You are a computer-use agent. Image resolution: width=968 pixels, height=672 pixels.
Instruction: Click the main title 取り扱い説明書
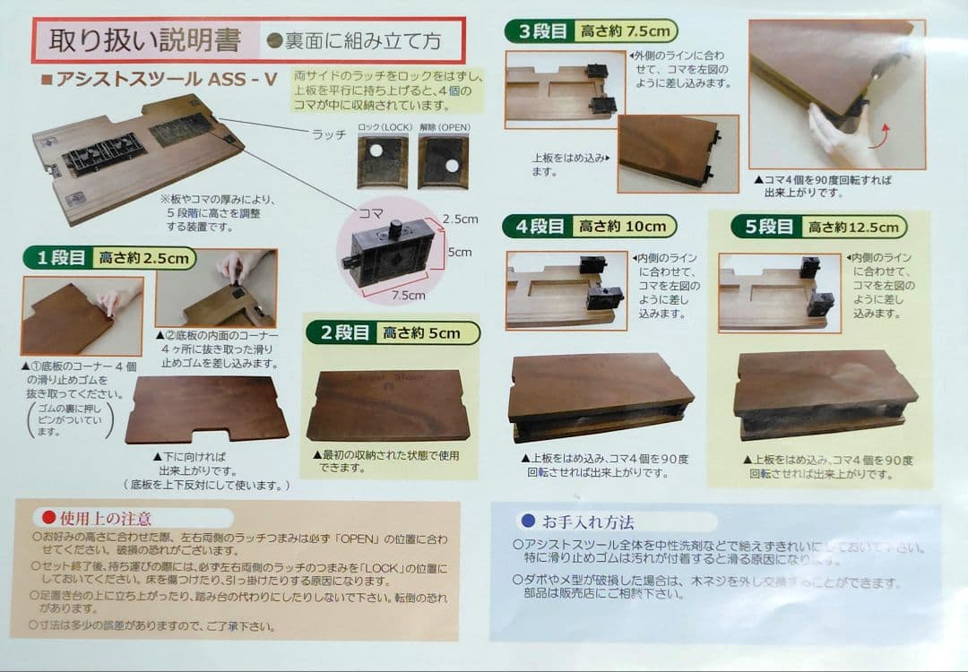pyautogui.click(x=144, y=41)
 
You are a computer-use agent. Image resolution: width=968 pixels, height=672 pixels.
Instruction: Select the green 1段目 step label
pyautogui.click(x=60, y=259)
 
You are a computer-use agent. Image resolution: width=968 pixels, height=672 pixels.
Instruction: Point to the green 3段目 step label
pyautogui.click(x=542, y=31)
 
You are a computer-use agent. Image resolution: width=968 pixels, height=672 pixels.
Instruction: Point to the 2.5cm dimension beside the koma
pyautogui.click(x=459, y=219)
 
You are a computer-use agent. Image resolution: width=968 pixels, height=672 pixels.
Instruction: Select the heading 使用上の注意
pyautogui.click(x=104, y=518)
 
